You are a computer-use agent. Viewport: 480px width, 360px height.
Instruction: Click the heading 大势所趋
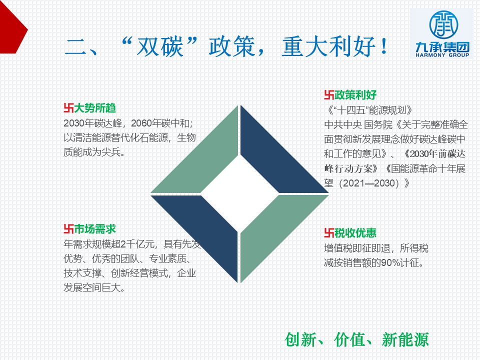click(x=95, y=108)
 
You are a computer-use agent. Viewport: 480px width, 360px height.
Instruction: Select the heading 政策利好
click(x=355, y=95)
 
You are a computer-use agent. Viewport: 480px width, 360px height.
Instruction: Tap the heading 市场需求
click(x=95, y=229)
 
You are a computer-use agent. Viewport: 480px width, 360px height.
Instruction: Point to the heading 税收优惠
click(x=355, y=233)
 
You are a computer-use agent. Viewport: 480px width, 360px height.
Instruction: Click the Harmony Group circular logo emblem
click(x=443, y=25)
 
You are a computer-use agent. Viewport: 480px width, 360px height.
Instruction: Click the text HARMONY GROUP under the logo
click(x=442, y=55)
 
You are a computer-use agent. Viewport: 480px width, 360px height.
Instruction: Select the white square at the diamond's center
click(x=239, y=194)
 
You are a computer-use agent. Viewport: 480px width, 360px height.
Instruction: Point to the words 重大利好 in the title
click(x=328, y=46)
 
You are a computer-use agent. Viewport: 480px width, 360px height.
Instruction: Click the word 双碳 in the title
click(x=159, y=46)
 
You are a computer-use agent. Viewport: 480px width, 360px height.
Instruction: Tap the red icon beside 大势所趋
click(x=68, y=108)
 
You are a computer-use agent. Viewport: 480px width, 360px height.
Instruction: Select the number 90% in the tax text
click(x=388, y=262)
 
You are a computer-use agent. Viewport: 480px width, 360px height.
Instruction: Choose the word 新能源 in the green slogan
click(x=405, y=339)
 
